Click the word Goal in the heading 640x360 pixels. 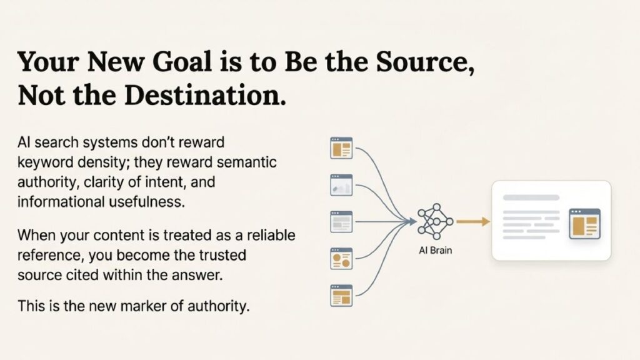point(182,62)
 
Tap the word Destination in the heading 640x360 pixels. point(205,95)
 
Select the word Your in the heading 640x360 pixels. point(48,62)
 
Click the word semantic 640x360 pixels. point(246,162)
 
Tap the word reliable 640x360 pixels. point(271,235)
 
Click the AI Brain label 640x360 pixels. point(436,250)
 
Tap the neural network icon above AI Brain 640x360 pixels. point(436,222)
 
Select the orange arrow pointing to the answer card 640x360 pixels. point(473,222)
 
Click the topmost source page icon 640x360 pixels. point(341,147)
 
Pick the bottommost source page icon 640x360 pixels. point(341,296)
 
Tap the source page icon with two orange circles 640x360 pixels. point(341,259)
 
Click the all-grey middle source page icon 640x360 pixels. point(341,222)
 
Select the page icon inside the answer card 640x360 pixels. point(585,224)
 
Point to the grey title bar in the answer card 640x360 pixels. point(531,197)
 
